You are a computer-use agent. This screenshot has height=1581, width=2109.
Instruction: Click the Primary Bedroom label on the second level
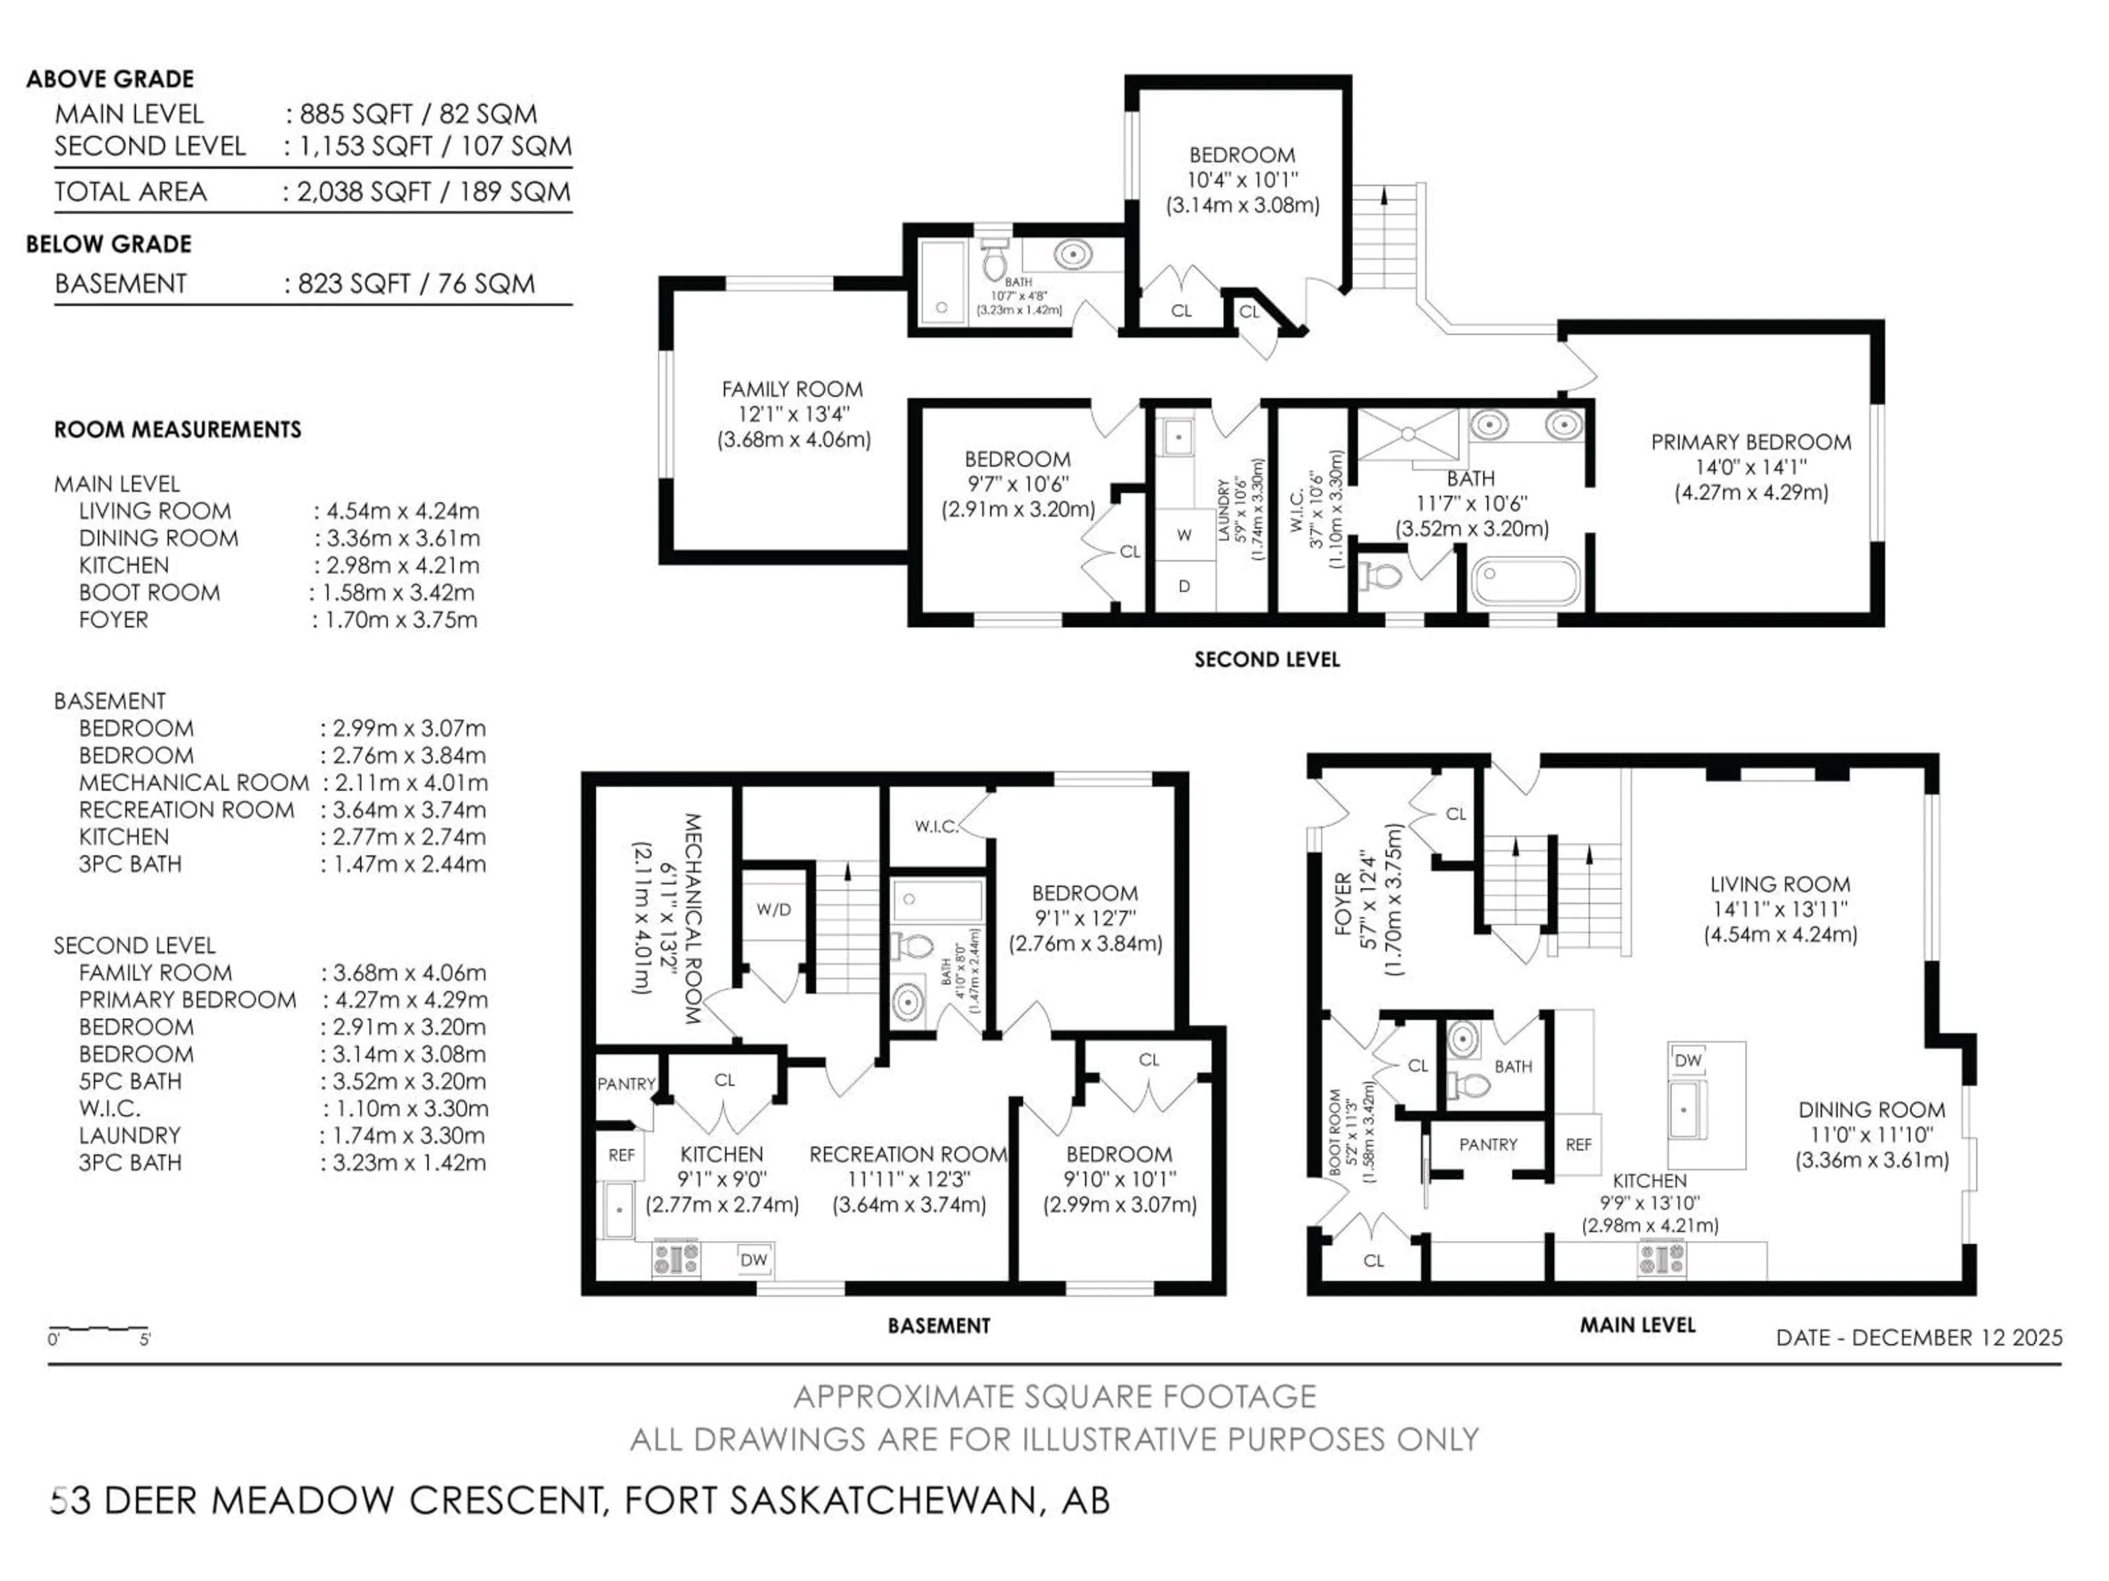tap(1750, 442)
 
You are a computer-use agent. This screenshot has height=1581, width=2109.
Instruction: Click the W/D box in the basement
tap(773, 909)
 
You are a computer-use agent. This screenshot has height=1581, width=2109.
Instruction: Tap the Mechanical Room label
tap(693, 918)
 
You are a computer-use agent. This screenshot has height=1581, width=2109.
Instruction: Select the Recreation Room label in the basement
tap(908, 1154)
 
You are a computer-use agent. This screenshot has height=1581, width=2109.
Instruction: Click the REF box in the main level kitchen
tap(1578, 1145)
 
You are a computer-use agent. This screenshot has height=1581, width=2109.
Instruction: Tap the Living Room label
tap(1779, 884)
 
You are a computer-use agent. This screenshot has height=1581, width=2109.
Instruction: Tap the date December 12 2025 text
tap(1918, 1337)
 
